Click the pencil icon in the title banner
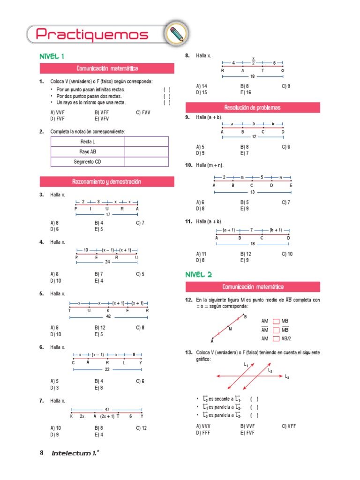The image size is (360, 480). pyautogui.click(x=176, y=34)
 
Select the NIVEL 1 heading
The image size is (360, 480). pyautogui.click(x=52, y=56)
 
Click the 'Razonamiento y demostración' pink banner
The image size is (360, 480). pyautogui.click(x=106, y=181)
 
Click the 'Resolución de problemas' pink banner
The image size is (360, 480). pyautogui.click(x=253, y=108)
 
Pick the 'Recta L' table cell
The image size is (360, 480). pyautogui.click(x=88, y=142)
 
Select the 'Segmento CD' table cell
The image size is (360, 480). pyautogui.click(x=88, y=162)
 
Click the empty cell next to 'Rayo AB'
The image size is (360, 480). pyautogui.click(x=146, y=152)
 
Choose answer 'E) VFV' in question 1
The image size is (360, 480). pyautogui.click(x=102, y=119)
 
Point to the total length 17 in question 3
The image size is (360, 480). pyautogui.click(x=107, y=215)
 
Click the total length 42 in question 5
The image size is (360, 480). pyautogui.click(x=108, y=317)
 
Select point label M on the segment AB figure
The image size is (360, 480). pyautogui.click(x=230, y=329)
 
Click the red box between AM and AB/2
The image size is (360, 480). pyautogui.click(x=275, y=338)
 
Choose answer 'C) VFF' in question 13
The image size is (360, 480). pyautogui.click(x=289, y=426)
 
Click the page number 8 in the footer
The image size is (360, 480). pyautogui.click(x=42, y=453)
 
